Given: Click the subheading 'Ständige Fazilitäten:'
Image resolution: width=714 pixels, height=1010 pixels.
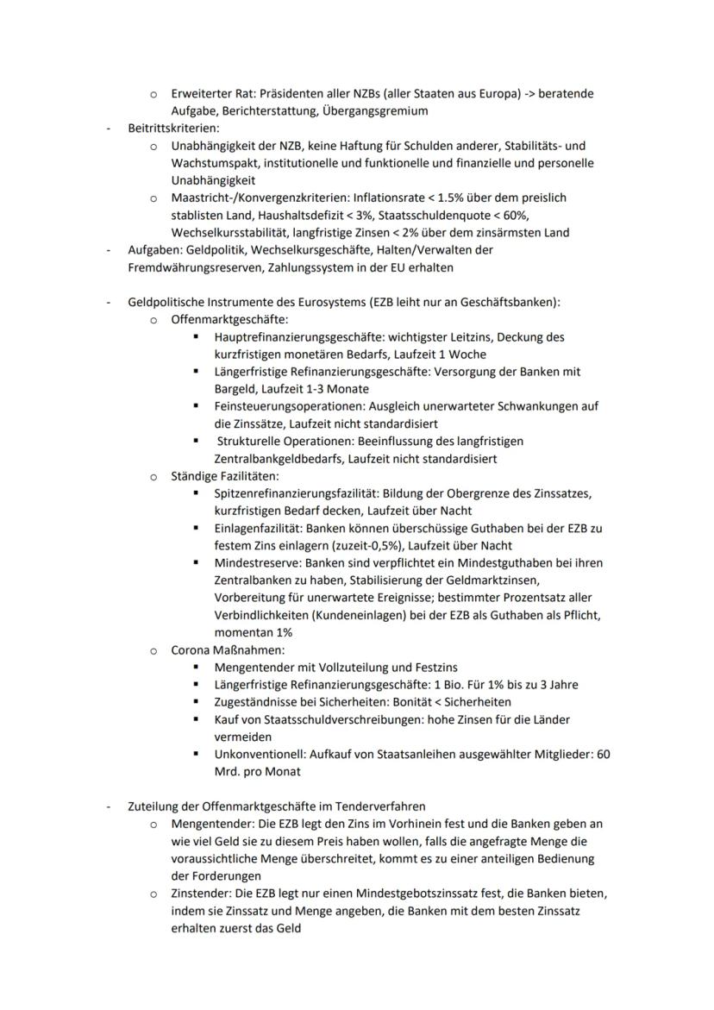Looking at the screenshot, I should (224, 476).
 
